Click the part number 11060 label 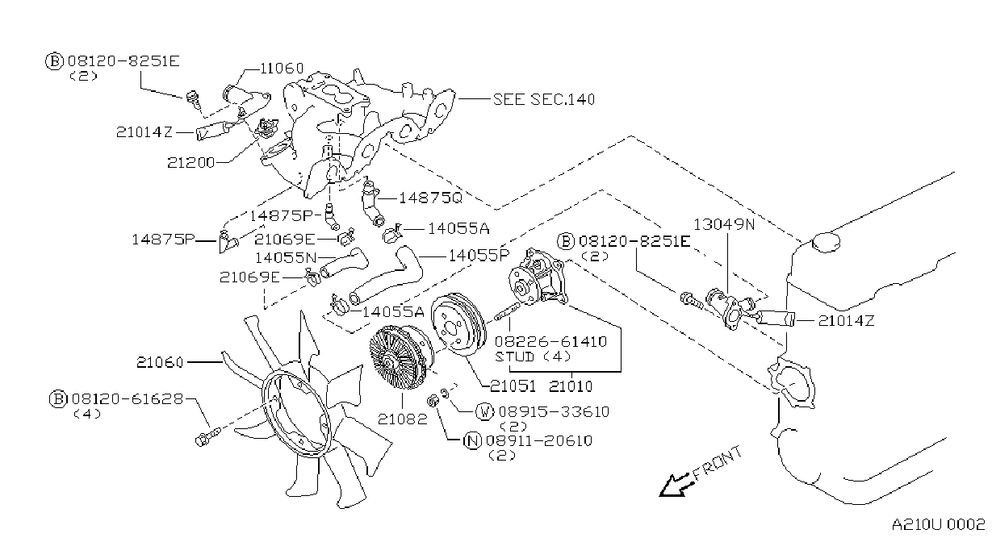pyautogui.click(x=282, y=69)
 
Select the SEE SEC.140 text pyautogui.click(x=544, y=99)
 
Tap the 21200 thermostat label pyautogui.click(x=190, y=163)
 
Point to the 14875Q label pyautogui.click(x=430, y=198)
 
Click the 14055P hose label pyautogui.click(x=479, y=256)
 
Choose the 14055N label pyautogui.click(x=287, y=257)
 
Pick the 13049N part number pyautogui.click(x=724, y=224)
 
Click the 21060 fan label pyautogui.click(x=160, y=362)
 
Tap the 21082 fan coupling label pyautogui.click(x=403, y=419)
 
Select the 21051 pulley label pyautogui.click(x=513, y=386)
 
